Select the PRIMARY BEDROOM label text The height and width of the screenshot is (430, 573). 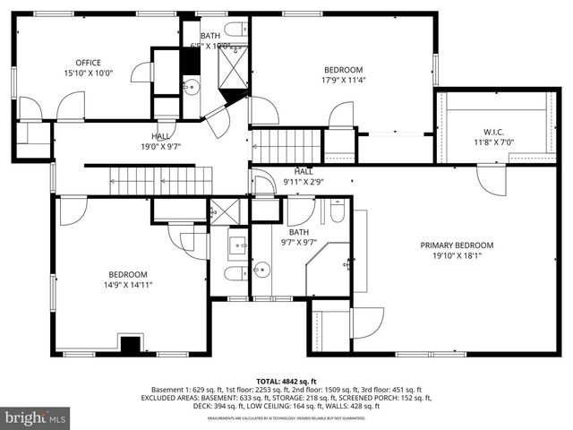point(457,245)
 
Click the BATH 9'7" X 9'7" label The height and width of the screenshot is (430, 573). point(298,236)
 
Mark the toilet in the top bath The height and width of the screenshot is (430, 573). point(235,28)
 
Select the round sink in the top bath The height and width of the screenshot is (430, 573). point(192,87)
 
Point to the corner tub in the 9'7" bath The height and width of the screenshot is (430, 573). point(328,267)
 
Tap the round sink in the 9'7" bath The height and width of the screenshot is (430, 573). point(261,268)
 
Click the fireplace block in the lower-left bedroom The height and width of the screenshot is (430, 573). point(132,344)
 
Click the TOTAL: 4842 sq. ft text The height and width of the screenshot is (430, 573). point(287,382)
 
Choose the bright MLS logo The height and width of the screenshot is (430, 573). point(35,417)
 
